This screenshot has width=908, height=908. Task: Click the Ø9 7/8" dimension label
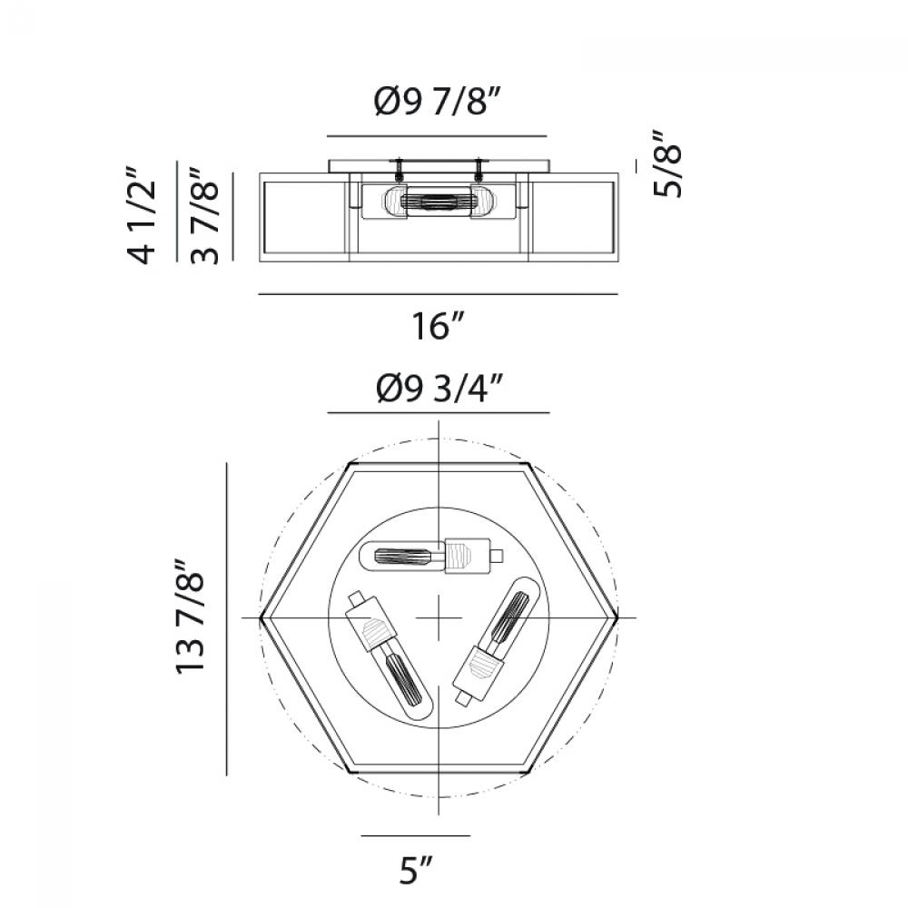437,102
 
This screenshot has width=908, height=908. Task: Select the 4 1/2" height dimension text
142,215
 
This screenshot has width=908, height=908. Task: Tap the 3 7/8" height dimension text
204,215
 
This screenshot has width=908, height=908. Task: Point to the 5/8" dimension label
667,163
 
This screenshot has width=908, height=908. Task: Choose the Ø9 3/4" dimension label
439,388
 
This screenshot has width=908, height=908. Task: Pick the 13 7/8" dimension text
190,617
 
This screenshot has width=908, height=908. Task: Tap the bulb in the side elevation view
439,202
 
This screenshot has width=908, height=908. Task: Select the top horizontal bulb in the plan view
431,556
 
